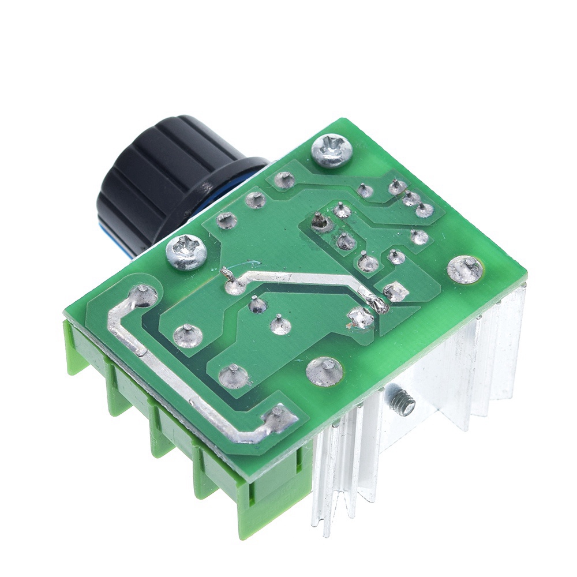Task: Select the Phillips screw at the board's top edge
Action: pyautogui.click(x=331, y=149)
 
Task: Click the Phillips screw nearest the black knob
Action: pyautogui.click(x=186, y=253)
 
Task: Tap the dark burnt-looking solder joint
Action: pyautogui.click(x=319, y=222)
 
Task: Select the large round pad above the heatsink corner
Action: pyautogui.click(x=465, y=269)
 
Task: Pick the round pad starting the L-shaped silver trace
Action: pyautogui.click(x=143, y=296)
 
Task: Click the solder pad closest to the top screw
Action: pyautogui.click(x=284, y=180)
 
